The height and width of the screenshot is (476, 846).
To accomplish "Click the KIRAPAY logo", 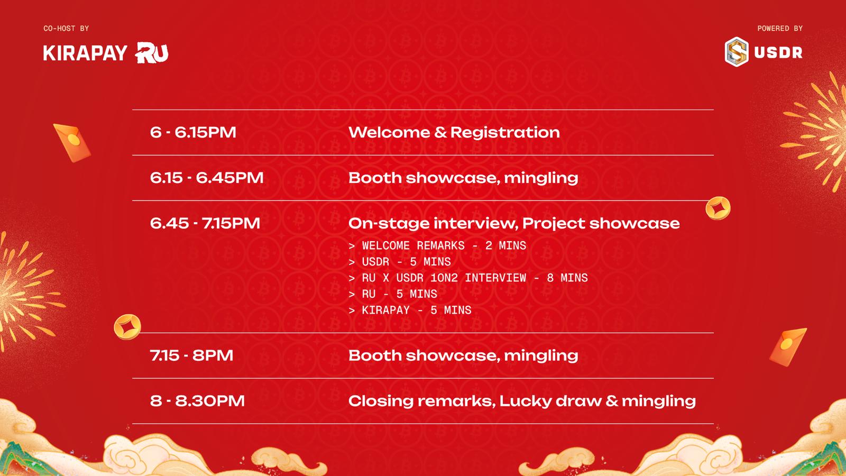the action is pyautogui.click(x=85, y=53).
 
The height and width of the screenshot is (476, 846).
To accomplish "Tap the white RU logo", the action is pyautogui.click(x=151, y=52).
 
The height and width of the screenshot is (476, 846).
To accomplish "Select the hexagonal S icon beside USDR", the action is pyautogui.click(x=737, y=52).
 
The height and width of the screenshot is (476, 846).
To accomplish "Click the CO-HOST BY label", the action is pyautogui.click(x=66, y=29).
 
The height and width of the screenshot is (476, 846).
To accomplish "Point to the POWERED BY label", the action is pyautogui.click(x=780, y=29).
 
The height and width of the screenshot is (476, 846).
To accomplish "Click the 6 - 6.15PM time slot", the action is pyautogui.click(x=193, y=133).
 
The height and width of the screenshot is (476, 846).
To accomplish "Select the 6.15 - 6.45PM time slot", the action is pyautogui.click(x=207, y=178).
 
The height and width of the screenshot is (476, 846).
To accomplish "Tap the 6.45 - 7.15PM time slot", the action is pyautogui.click(x=205, y=223).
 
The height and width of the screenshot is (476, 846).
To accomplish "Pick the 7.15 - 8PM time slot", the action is pyautogui.click(x=191, y=355).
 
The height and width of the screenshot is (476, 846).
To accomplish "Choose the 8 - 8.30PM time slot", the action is pyautogui.click(x=197, y=401).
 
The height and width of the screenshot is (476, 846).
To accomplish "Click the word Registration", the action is pyautogui.click(x=505, y=133).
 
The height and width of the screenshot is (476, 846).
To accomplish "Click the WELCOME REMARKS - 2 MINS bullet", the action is pyautogui.click(x=437, y=245).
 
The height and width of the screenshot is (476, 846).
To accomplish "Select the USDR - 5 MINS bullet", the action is pyautogui.click(x=400, y=262).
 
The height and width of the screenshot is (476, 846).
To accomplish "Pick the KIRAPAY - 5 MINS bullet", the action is pyautogui.click(x=410, y=310).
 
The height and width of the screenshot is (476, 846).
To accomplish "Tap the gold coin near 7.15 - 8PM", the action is pyautogui.click(x=127, y=327).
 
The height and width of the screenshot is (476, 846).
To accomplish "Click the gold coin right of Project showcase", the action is pyautogui.click(x=718, y=208).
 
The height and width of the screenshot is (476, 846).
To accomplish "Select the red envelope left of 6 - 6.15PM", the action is pyautogui.click(x=72, y=143).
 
